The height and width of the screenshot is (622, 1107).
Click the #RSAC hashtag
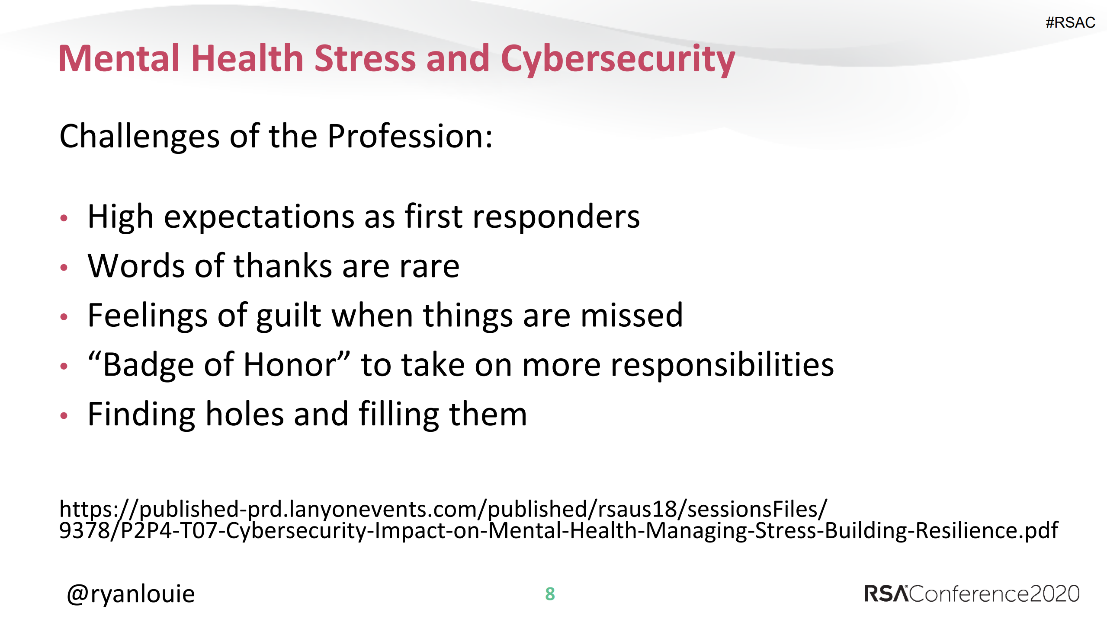coord(1070,22)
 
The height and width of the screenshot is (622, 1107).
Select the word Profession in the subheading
coord(410,136)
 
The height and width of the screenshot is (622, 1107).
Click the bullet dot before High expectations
coord(64,218)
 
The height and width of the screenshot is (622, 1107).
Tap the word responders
coord(556,217)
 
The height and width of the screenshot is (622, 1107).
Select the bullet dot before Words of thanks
coord(64,268)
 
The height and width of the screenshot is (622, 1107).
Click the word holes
coord(244,414)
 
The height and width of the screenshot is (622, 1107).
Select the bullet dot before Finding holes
coord(64,416)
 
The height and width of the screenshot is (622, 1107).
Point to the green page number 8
coord(550,594)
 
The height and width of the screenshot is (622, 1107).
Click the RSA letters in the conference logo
coord(886,593)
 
